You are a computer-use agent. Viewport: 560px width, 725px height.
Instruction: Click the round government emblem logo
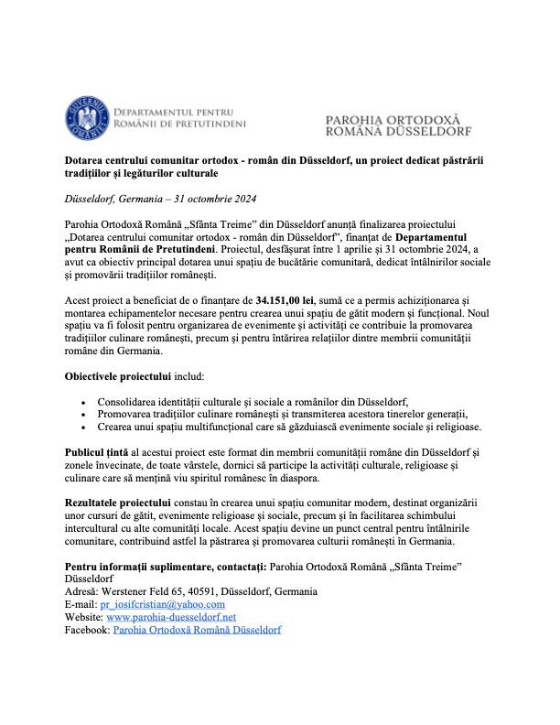tap(87, 117)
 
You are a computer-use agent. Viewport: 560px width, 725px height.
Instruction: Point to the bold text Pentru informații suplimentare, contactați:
tap(176, 568)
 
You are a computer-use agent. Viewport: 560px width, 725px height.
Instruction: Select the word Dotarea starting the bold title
tap(88, 159)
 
